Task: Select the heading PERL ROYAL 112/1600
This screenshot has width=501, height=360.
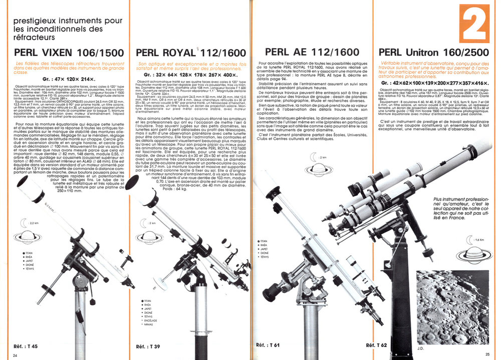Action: pos(189,53)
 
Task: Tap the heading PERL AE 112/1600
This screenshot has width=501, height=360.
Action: pos(312,52)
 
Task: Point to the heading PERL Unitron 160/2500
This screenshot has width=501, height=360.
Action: pos(434,52)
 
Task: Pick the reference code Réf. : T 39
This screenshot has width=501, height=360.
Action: pos(148,346)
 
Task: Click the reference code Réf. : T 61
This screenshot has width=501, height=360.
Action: pos(268,345)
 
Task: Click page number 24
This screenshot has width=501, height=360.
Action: pos(15,355)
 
